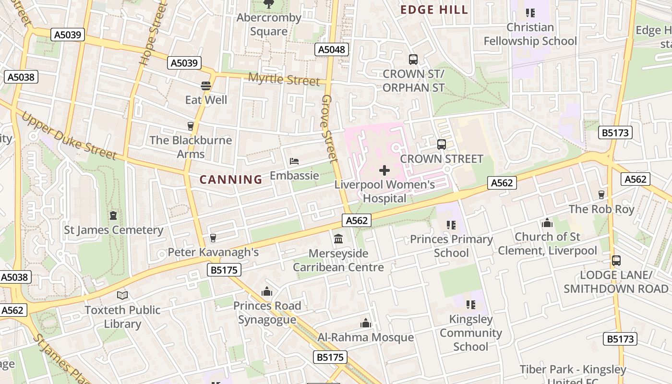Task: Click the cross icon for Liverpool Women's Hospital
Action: coord(384,170)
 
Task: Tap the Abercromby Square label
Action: coord(269,24)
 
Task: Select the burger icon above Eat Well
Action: coord(206,86)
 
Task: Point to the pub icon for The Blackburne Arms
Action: coord(191,126)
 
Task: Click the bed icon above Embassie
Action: coord(294,161)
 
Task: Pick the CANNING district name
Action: coord(231,180)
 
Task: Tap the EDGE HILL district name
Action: coord(434,10)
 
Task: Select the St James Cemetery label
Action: coord(114,230)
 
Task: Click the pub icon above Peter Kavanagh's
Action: coord(213,238)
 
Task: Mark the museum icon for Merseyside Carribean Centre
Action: coord(338,239)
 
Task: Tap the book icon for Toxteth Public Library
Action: coord(122,295)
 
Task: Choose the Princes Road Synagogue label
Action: coord(267,312)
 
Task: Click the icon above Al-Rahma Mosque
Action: coord(366,323)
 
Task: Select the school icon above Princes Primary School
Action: coord(451,225)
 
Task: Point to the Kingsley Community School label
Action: coord(470,333)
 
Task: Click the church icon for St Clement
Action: coord(547,223)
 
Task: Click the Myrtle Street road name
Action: coord(284,79)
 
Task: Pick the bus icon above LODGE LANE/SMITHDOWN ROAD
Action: coord(616,261)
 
